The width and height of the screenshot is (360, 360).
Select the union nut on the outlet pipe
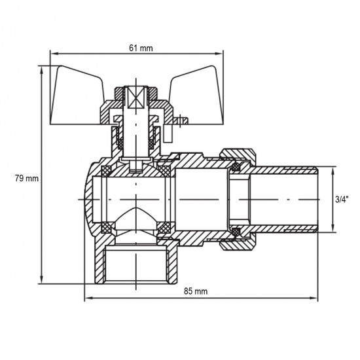tap(238, 199)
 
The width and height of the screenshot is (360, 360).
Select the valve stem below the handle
tap(137, 141)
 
